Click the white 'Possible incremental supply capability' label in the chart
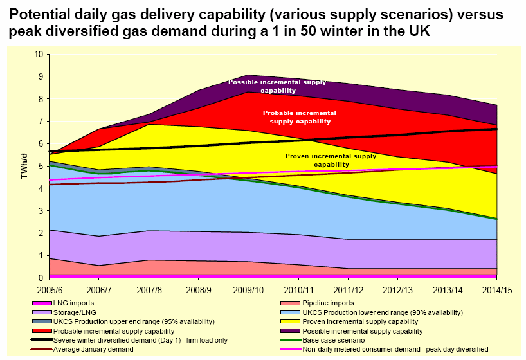click(x=277, y=86)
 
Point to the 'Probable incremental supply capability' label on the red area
click(x=296, y=116)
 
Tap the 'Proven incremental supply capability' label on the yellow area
click(x=322, y=159)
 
